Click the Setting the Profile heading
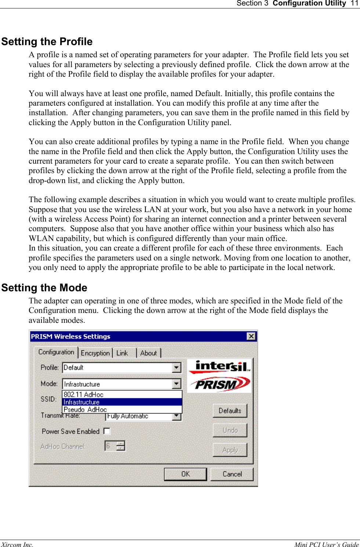point(47,41)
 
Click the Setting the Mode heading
point(44,288)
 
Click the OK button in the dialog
point(185,474)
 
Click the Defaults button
point(230,411)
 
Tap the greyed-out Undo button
point(230,430)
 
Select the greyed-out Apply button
point(230,450)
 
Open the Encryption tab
point(95,353)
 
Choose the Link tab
point(122,353)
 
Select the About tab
point(148,353)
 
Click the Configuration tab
point(56,352)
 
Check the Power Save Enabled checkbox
point(107,431)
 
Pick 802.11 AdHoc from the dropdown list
point(84,394)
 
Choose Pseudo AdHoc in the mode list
point(85,409)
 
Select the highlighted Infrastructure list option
point(81,402)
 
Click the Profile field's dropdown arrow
point(177,367)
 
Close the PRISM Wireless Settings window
point(251,336)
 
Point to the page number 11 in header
point(354,3)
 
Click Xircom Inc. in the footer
point(17,544)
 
